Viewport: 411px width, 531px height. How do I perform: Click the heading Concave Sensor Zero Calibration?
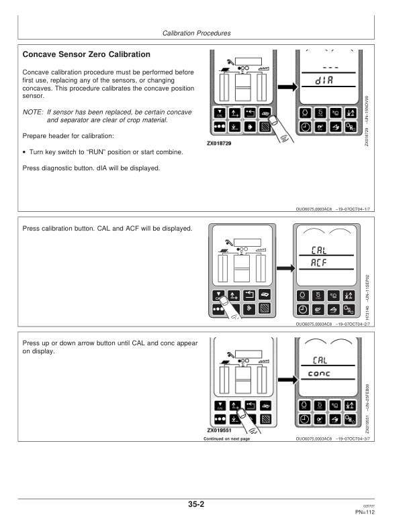(87, 54)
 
